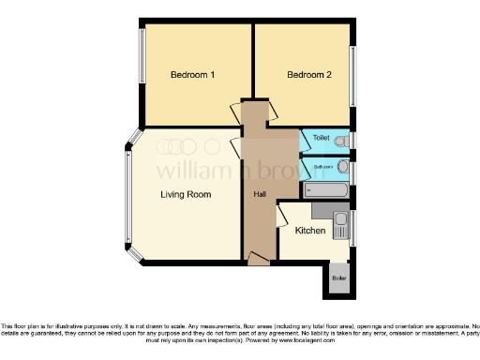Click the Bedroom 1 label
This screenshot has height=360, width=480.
[193, 74]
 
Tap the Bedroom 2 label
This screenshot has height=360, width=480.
[309, 74]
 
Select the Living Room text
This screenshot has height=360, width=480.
[185, 195]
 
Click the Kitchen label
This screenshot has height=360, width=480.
[310, 231]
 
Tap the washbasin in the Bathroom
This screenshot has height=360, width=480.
[343, 168]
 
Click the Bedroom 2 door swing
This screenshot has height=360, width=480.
[273, 111]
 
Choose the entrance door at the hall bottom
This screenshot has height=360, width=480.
[260, 258]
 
